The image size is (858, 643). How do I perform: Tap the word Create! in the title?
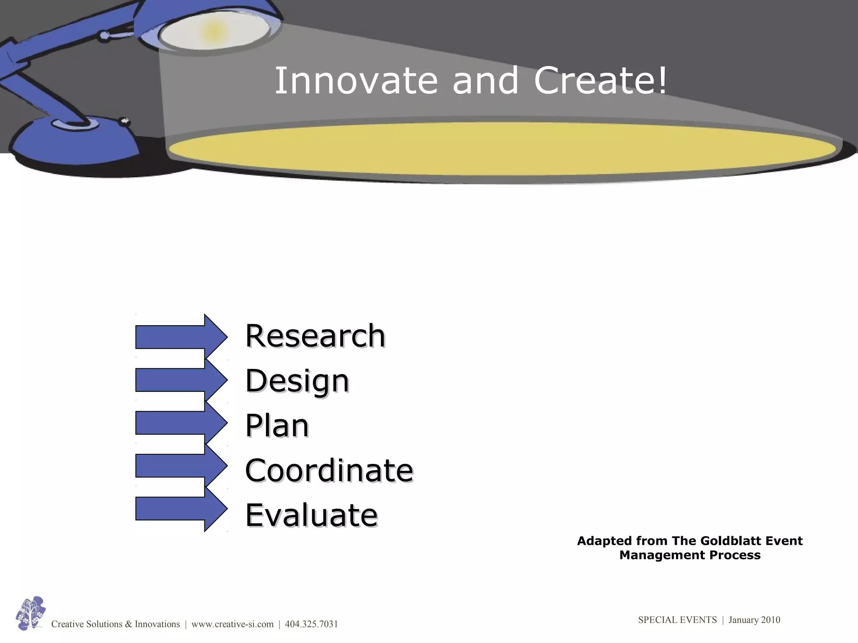tap(600, 80)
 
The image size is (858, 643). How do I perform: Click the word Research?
tap(315, 336)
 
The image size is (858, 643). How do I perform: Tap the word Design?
tap(297, 381)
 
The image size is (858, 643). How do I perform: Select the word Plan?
tap(277, 426)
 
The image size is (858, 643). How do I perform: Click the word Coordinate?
tap(329, 471)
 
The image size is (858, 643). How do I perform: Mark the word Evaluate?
tap(311, 515)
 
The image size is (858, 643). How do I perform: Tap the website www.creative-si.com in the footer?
tap(233, 624)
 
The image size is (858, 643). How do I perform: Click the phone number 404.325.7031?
tap(311, 624)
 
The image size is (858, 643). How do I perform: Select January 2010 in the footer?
tap(754, 620)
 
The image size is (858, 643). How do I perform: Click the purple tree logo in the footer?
tap(30, 613)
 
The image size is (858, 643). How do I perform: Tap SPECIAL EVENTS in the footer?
tap(677, 620)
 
